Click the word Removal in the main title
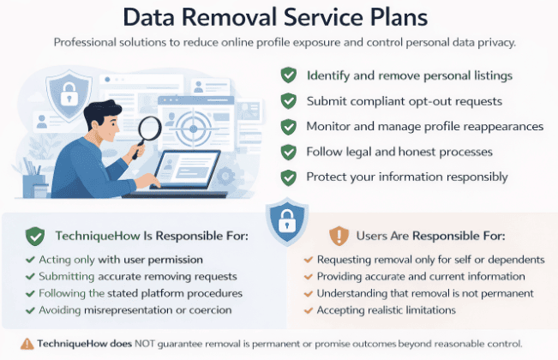point(277,17)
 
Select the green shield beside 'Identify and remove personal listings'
point(290,75)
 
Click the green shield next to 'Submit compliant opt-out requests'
point(290,101)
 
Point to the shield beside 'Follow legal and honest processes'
point(290,153)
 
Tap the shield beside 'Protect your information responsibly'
point(290,177)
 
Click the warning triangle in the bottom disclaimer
point(28,343)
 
